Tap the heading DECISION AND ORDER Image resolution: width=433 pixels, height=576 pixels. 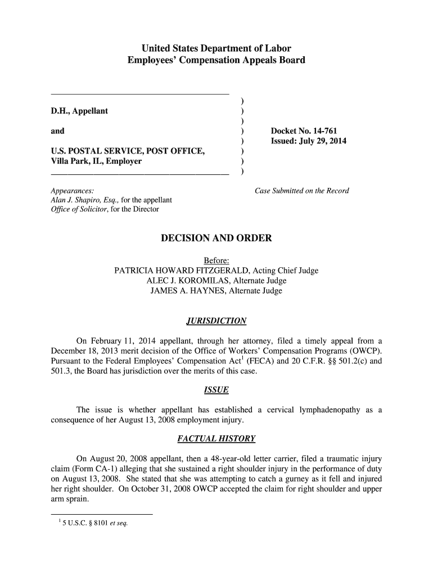point(216,238)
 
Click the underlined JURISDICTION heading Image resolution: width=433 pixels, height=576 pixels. point(216,321)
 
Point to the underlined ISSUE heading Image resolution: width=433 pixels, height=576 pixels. point(216,390)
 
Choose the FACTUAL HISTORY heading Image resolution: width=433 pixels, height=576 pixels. point(216,438)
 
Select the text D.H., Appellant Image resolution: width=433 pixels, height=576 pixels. point(80,111)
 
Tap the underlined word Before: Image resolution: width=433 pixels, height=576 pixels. point(216,260)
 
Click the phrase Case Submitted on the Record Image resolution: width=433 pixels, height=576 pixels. point(302,191)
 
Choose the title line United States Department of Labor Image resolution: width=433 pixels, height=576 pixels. point(216,48)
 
